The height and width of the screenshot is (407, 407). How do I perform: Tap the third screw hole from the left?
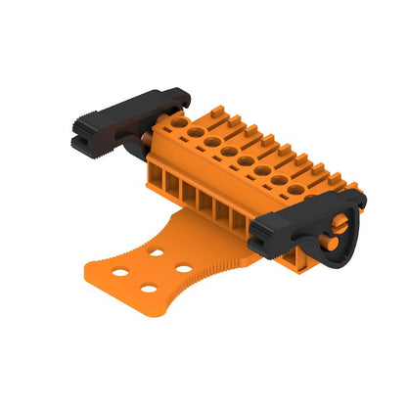(x=212, y=142)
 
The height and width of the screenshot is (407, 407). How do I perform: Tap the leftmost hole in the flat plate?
(x=119, y=273)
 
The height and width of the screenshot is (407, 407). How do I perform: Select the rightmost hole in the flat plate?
(x=183, y=268)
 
